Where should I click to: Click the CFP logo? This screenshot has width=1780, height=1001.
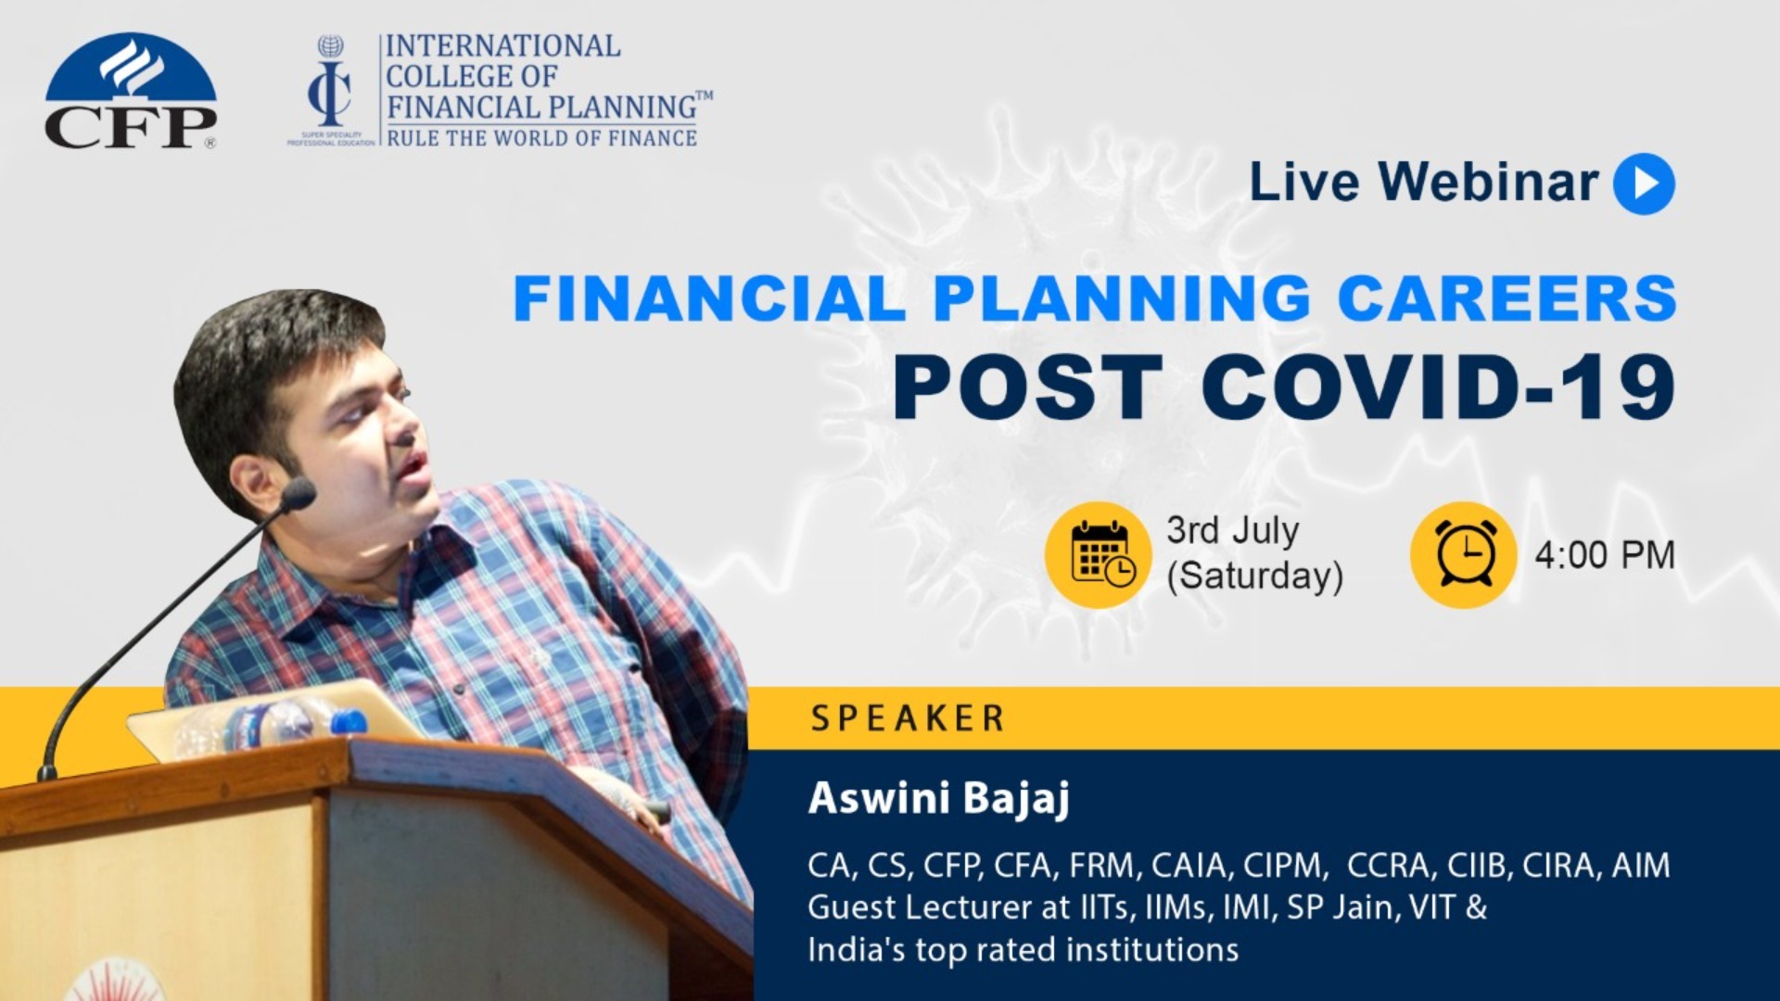tap(131, 92)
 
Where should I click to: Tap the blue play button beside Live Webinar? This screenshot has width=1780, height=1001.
tap(1644, 184)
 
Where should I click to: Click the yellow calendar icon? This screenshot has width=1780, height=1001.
tap(1099, 555)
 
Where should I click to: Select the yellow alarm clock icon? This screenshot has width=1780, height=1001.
tap(1463, 555)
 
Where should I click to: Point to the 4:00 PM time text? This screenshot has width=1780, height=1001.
tap(1605, 555)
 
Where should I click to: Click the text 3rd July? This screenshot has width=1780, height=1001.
tap(1232, 531)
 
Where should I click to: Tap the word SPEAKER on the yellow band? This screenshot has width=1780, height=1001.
tap(908, 718)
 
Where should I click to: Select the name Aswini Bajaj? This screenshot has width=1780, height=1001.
tap(938, 798)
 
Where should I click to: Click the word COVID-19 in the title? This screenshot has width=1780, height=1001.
tap(1438, 388)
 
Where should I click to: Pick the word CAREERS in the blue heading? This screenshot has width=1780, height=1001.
tap(1507, 298)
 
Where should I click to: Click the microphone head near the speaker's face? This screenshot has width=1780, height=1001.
tap(299, 494)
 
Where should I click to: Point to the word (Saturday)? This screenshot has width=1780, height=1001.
tap(1254, 576)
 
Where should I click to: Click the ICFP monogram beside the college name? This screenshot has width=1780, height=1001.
tap(330, 88)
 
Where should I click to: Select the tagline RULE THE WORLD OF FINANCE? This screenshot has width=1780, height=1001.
tap(541, 138)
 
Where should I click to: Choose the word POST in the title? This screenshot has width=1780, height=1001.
tap(1026, 388)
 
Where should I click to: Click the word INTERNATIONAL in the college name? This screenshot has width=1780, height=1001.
tap(502, 45)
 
